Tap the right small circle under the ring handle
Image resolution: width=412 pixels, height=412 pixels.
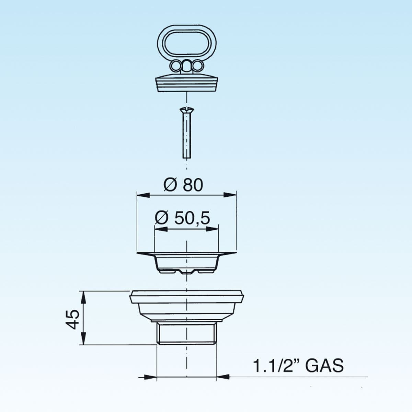(197, 66)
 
